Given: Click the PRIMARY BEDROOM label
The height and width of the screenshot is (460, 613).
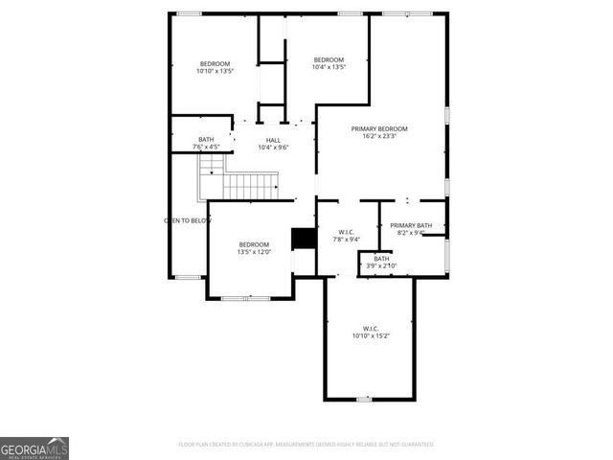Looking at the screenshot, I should point(379,128).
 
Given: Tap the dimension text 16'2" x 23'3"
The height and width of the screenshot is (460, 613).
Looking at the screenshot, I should point(379,136).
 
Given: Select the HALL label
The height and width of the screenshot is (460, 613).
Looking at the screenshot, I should point(273,140).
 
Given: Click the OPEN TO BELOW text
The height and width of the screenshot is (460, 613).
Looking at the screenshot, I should point(187,220).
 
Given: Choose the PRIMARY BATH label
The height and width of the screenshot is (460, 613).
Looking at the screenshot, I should point(411,225).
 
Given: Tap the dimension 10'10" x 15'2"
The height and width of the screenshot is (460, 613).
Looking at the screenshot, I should point(371,336).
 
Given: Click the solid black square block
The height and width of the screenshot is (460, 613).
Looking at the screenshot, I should point(304,238).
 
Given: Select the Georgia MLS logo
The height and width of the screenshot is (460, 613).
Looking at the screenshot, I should point(34,448).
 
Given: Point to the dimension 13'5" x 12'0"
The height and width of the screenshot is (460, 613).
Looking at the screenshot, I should point(255,252).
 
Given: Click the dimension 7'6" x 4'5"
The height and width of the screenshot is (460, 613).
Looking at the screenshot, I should point(206,147).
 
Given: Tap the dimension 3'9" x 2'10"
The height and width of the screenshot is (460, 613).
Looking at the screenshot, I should point(381,265).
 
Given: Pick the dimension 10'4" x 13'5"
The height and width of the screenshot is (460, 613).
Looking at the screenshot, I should point(329,67).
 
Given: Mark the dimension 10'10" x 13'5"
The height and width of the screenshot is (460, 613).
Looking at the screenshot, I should point(215,71).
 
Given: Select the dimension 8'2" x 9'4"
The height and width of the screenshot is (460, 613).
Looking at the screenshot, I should point(411,233).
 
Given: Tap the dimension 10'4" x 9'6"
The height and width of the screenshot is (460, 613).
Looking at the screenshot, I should point(273,148).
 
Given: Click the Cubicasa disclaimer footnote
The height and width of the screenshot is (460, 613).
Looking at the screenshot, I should point(306,445).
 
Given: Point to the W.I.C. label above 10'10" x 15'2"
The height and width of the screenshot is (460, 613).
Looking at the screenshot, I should point(371,329).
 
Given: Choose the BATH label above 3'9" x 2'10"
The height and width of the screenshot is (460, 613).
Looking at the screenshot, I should point(381,258).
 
